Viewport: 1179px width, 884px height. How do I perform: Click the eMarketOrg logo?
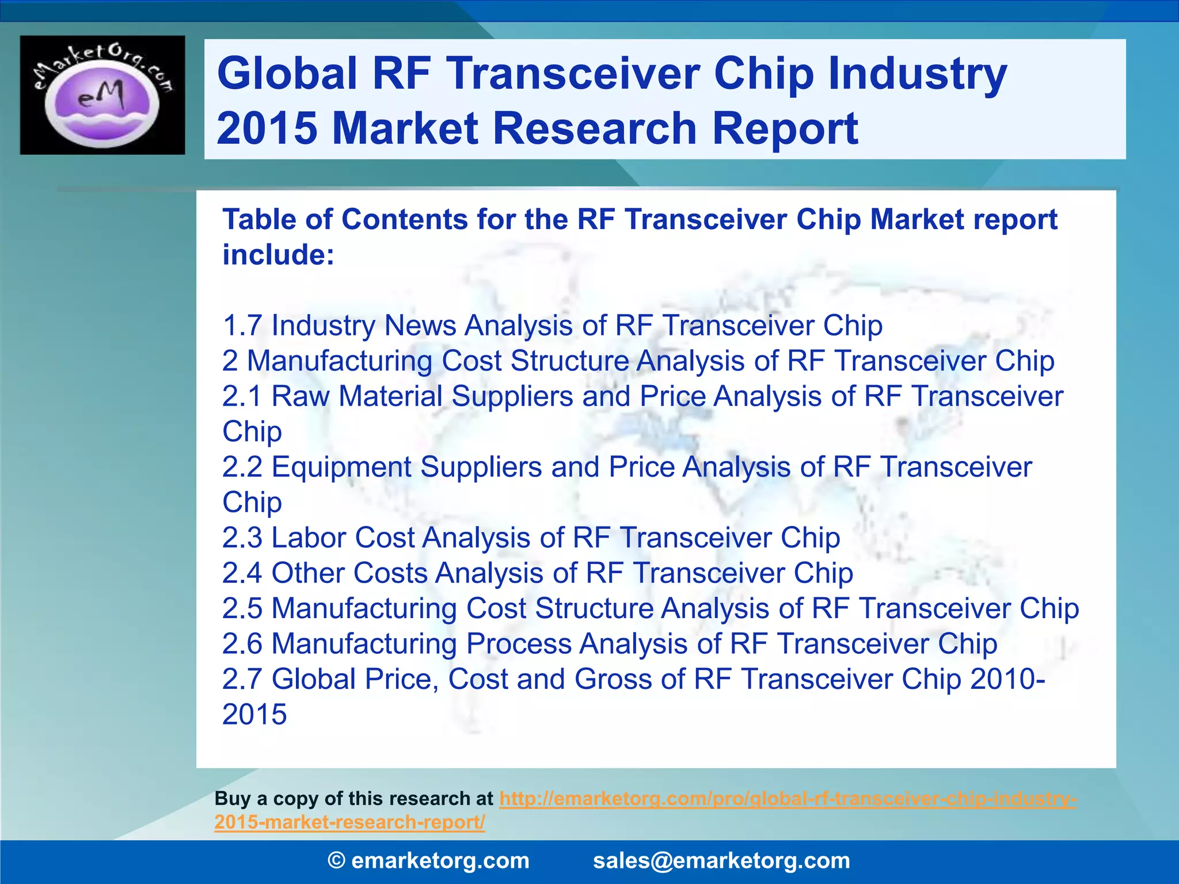(x=102, y=95)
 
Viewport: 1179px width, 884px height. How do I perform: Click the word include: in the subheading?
(x=278, y=255)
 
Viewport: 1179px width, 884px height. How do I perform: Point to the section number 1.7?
(x=242, y=326)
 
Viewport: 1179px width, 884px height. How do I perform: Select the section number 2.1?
(x=242, y=397)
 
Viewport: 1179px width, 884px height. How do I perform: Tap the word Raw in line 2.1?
(x=300, y=397)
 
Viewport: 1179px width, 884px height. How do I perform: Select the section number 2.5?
(x=242, y=609)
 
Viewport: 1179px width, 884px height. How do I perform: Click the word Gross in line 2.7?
(x=613, y=680)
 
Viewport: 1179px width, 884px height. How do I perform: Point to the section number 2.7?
(x=242, y=680)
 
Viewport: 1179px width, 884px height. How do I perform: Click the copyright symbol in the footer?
(x=337, y=861)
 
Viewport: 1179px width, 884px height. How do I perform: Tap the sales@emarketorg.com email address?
(x=721, y=861)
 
